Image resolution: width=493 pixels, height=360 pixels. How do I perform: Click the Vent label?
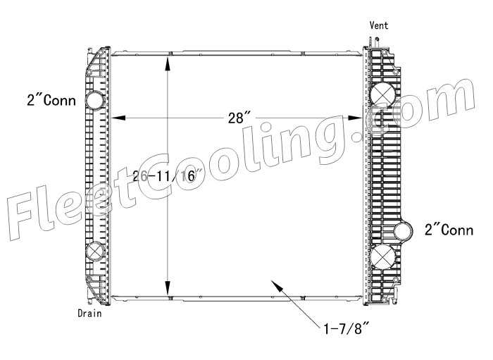click(379, 25)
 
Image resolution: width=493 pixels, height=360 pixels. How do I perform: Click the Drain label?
click(89, 314)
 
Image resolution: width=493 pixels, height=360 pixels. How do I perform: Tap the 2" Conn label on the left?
click(51, 101)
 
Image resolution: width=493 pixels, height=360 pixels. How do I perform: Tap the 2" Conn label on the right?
click(449, 230)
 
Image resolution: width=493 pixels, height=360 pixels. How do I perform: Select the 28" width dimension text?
click(239, 118)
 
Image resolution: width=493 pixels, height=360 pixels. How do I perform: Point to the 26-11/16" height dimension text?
click(168, 176)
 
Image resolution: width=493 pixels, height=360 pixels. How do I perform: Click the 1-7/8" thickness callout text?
click(346, 330)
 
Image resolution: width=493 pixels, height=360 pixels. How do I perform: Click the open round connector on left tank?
click(95, 100)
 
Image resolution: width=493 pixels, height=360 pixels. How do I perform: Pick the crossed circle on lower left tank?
click(95, 252)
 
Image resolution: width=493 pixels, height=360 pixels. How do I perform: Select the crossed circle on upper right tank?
click(382, 95)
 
